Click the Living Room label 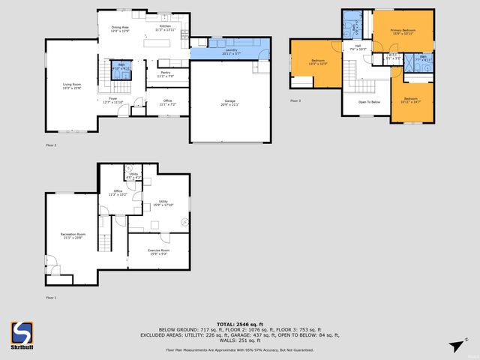click(72, 84)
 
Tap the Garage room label click(230, 103)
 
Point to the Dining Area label click(121, 28)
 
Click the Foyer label click(114, 100)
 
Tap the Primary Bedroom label click(403, 31)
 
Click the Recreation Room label click(73, 236)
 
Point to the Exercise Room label click(159, 251)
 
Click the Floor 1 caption click(51, 298)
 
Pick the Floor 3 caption click(295, 100)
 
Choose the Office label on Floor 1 click(118, 193)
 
